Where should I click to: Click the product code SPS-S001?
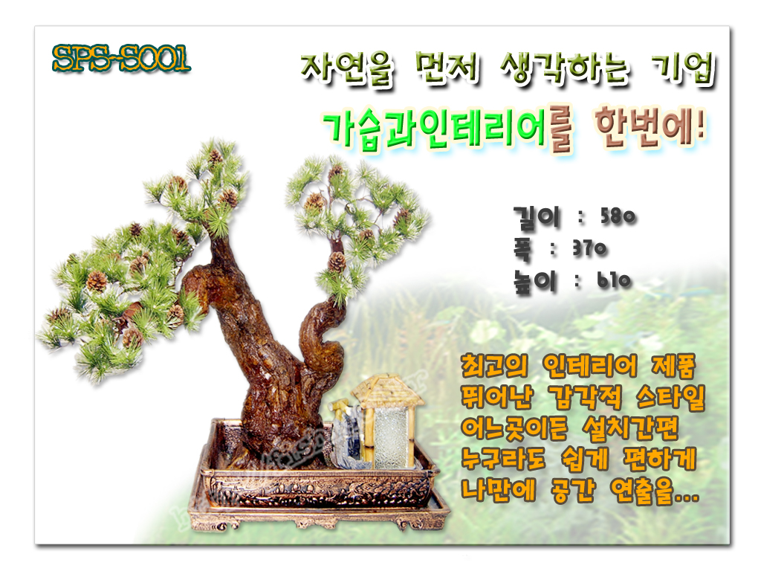pos(121,59)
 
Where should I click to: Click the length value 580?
pos(618,216)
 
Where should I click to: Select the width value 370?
pos(589,248)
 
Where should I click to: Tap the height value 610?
pos(614,280)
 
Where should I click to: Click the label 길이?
pos(537,217)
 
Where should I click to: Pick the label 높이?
pos(535,282)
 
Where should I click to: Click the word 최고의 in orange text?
pos(494,366)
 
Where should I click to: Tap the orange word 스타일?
pos(670,398)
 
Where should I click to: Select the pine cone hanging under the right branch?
pos(337,262)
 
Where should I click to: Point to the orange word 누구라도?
pos(503,459)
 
